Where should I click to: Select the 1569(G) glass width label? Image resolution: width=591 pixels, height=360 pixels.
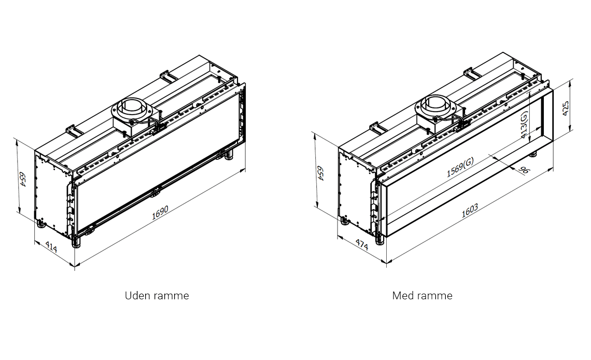point(460,167)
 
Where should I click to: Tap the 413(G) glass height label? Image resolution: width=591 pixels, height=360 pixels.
point(525,124)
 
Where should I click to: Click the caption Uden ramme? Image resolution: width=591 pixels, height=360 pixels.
point(157,296)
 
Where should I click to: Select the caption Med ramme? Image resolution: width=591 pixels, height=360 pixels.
point(422,296)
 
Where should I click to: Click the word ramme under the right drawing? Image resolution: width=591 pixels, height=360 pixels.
point(434,296)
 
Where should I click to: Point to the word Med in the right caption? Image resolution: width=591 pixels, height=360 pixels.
point(403,296)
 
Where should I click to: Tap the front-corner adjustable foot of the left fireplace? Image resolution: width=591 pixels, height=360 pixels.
point(76,243)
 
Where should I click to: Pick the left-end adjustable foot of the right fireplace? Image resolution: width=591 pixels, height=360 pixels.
point(344,221)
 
